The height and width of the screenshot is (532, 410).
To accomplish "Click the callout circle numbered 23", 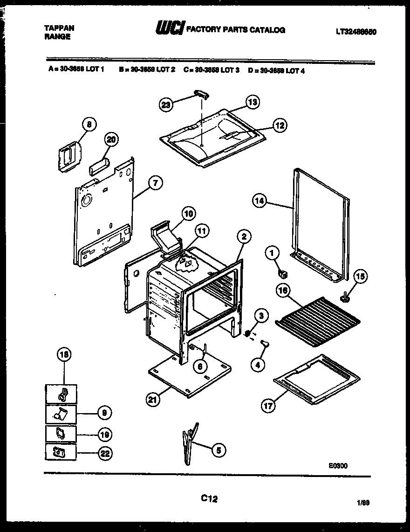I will [x=166, y=105].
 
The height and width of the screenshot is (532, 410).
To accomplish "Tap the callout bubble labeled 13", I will [x=252, y=102].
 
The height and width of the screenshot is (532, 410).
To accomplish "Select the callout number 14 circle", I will [x=260, y=201].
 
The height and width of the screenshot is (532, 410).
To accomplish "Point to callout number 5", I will [x=218, y=450].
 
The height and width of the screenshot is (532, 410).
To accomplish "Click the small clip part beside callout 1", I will [x=282, y=271].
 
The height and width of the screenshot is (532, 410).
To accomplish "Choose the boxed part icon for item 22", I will [x=61, y=452].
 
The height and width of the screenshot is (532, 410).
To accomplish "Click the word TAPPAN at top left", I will [x=59, y=28].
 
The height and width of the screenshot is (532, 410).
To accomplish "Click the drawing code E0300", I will [x=338, y=465].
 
